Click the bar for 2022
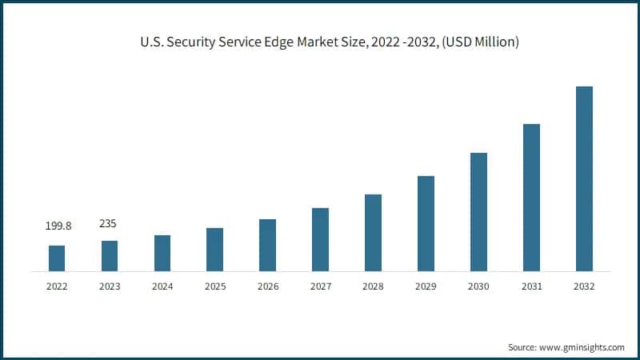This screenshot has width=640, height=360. (x=57, y=258)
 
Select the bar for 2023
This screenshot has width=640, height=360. (x=110, y=256)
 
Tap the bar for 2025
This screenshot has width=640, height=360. (x=214, y=250)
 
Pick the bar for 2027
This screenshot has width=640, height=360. (x=320, y=239)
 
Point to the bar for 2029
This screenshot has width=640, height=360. (x=426, y=223)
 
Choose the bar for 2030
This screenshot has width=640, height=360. (x=478, y=212)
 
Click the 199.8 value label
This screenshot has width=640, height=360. (x=58, y=226)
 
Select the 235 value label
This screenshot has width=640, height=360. (x=108, y=223)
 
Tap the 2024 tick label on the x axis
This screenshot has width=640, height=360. (x=162, y=286)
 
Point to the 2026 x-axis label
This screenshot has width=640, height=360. (x=268, y=286)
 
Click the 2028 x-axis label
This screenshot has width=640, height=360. (x=373, y=286)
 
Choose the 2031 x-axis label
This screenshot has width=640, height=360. (x=531, y=286)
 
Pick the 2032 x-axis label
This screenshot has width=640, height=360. (x=584, y=286)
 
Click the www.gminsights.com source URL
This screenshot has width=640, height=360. (x=583, y=347)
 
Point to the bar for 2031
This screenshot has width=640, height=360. (x=531, y=198)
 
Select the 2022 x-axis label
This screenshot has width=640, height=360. (x=57, y=286)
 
